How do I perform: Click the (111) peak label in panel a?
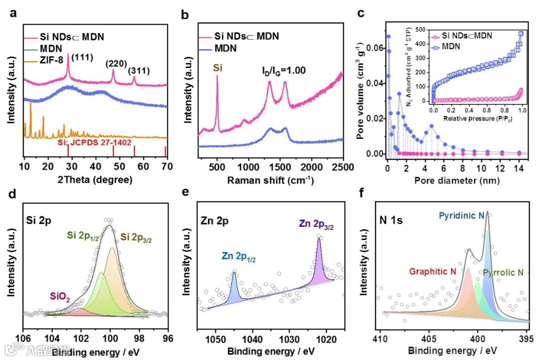pos(81,58)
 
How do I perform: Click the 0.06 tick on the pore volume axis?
pos(374,47)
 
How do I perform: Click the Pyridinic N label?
pos(462,215)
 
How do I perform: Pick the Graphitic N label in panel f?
pos(433,271)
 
